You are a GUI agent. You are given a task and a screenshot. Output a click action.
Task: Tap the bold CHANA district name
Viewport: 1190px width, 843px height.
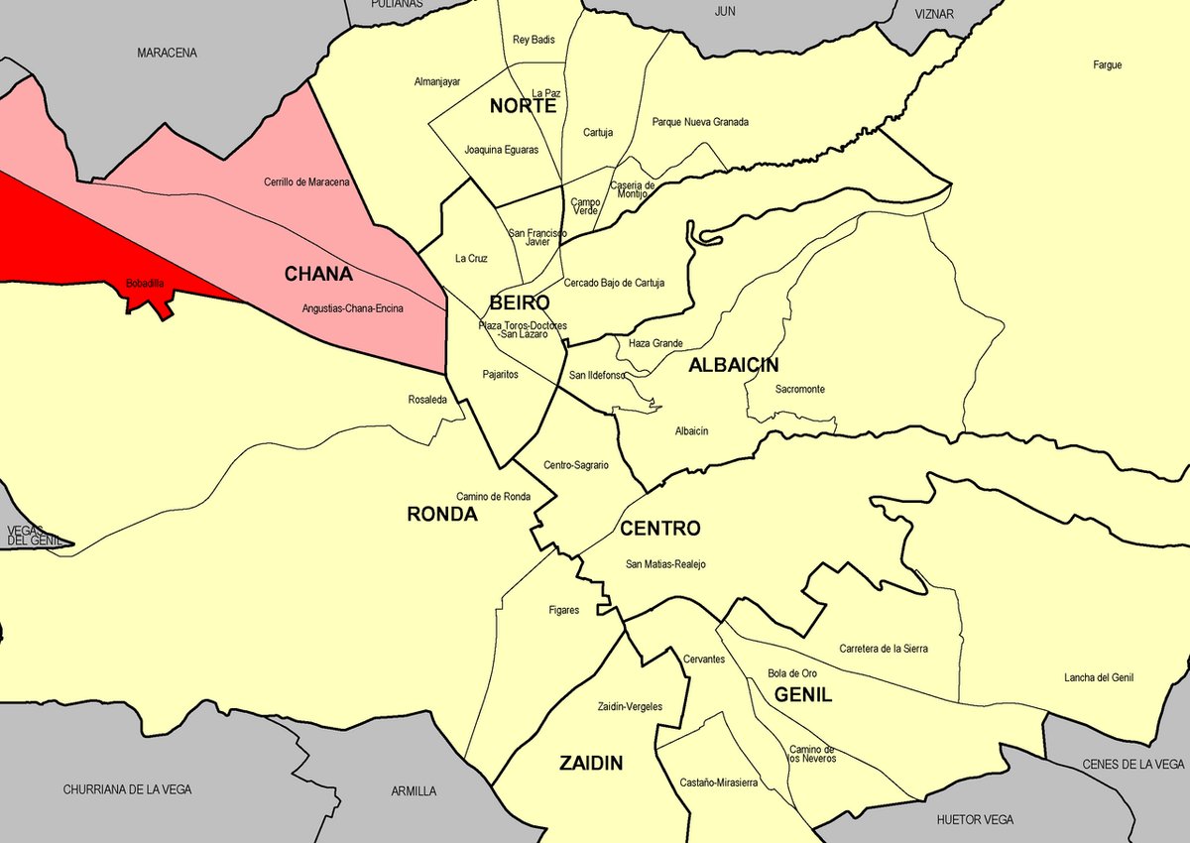[318, 273]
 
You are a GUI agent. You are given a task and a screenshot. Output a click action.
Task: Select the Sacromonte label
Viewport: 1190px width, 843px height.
[799, 390]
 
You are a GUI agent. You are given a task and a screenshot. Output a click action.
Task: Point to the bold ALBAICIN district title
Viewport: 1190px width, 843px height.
[734, 366]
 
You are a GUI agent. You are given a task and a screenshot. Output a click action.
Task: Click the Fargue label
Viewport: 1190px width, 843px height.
[1107, 65]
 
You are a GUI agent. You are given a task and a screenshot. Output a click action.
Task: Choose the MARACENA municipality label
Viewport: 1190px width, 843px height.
[168, 53]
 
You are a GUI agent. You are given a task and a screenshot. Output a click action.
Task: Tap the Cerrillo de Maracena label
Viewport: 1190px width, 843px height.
[306, 182]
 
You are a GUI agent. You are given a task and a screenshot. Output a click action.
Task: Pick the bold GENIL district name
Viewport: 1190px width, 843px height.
[803, 695]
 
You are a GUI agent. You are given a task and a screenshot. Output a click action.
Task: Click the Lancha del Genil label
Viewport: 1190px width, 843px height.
[1098, 678]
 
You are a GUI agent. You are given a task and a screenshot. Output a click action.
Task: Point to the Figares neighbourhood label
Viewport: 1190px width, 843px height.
[563, 611]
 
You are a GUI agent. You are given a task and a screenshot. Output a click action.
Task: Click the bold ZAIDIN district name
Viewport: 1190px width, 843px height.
[591, 764]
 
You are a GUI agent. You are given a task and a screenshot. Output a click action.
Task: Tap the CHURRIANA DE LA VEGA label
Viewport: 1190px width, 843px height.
[127, 790]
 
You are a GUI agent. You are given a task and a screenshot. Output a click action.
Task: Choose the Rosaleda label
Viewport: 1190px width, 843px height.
[427, 401]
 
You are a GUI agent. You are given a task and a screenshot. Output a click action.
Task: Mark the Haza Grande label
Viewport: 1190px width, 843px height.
[655, 344]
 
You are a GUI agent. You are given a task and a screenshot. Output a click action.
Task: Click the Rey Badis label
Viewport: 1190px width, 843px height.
[534, 41]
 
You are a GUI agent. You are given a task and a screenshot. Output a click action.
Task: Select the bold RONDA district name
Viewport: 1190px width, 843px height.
[442, 515]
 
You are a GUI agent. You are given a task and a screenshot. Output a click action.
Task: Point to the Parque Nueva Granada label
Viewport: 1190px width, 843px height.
[700, 123]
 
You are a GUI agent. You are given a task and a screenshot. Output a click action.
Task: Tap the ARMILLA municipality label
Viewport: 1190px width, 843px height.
[414, 791]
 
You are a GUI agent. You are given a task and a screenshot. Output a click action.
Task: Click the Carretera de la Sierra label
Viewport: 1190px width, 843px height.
[884, 649]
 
